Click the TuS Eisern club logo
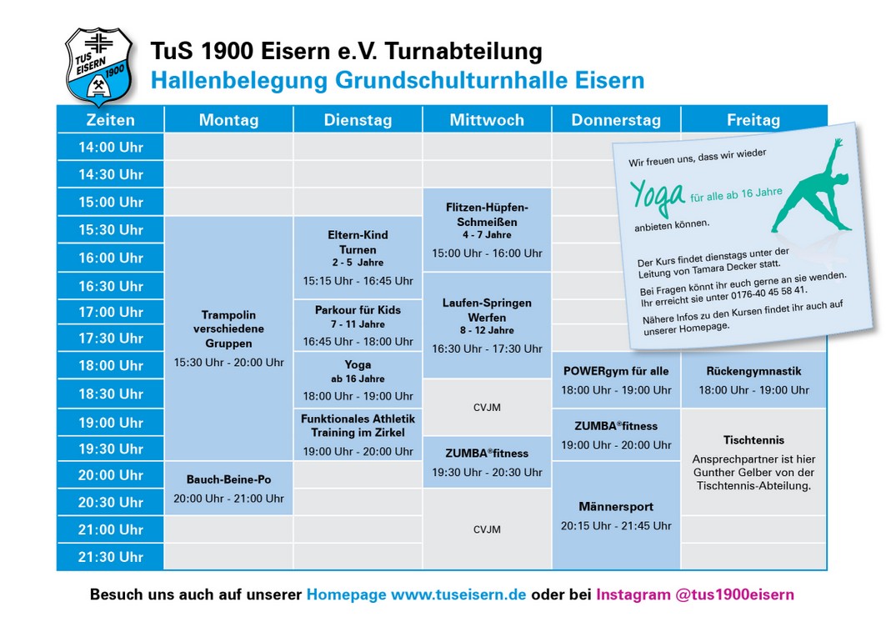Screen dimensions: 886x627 [99, 67]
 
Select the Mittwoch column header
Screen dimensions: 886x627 [487, 120]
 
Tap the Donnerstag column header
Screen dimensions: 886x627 [616, 120]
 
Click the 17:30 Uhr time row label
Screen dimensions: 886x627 [111, 338]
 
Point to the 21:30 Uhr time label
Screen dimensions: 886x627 [111, 557]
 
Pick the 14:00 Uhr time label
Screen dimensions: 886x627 [111, 147]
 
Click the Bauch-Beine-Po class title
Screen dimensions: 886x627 [229, 479]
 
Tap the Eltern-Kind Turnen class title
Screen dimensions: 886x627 [358, 242]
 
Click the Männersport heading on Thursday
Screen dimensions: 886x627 [616, 507]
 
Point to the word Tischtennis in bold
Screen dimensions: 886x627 [753, 440]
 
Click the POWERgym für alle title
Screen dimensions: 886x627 [616, 372]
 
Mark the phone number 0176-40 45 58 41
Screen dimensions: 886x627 [768, 293]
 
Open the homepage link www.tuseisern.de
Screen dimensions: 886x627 [458, 594]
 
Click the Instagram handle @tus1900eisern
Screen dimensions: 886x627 [734, 594]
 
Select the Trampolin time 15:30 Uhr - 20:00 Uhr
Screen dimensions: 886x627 [229, 363]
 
